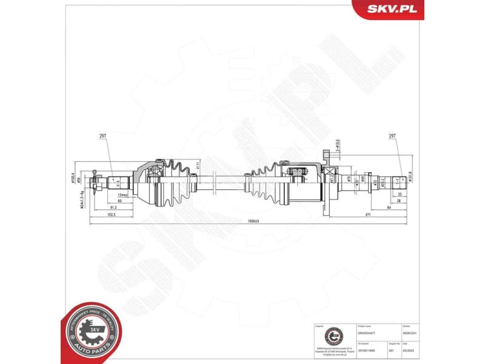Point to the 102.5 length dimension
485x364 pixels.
[x=110, y=214]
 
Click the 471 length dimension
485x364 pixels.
[x=367, y=214]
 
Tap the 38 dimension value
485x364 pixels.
[x=399, y=200]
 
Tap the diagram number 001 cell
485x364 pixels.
[x=390, y=350]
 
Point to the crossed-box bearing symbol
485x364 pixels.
[x=330, y=178]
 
